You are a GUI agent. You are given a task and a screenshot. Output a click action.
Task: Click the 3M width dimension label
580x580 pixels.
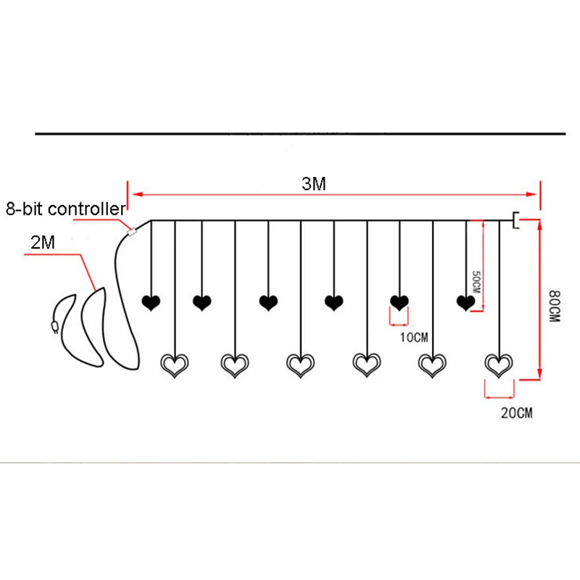pyautogui.click(x=314, y=184)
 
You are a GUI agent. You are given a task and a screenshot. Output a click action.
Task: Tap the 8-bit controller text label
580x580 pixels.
pyautogui.click(x=66, y=209)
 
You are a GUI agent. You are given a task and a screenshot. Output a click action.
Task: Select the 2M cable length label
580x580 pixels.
pyautogui.click(x=43, y=243)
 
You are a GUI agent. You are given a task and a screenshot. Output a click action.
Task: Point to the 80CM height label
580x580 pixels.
pyautogui.click(x=555, y=306)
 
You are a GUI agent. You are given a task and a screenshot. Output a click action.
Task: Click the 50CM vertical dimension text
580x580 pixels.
pyautogui.click(x=476, y=282)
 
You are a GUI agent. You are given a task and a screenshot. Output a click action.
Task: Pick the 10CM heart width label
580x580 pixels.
pyautogui.click(x=414, y=337)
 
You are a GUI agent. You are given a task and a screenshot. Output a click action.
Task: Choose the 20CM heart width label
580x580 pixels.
pyautogui.click(x=517, y=413)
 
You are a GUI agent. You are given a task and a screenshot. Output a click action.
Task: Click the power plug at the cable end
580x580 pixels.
pyautogui.click(x=55, y=327)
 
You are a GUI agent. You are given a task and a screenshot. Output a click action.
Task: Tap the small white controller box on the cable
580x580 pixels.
pyautogui.click(x=132, y=232)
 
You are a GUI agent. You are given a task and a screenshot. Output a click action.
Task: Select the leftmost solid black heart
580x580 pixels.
pyautogui.click(x=151, y=303)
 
